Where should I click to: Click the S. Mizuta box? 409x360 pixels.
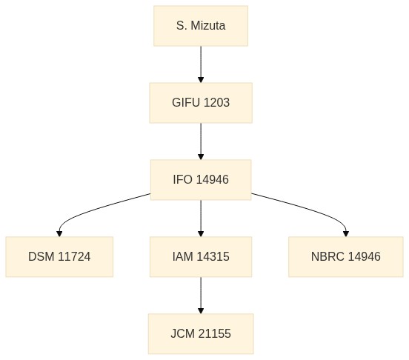coord(201,26)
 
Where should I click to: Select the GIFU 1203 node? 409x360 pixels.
coord(201,103)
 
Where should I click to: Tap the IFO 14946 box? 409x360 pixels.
coord(201,179)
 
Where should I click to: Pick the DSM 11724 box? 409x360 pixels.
coord(59,257)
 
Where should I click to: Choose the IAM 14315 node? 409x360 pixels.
coord(201,257)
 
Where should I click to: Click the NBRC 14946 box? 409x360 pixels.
coord(346,257)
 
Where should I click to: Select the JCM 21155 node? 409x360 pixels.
coord(201,333)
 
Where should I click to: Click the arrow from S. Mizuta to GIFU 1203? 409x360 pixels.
coord(201,64)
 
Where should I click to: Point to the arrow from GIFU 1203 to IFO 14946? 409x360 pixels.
coord(201,141)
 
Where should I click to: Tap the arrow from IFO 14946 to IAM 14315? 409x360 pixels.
coord(201,219)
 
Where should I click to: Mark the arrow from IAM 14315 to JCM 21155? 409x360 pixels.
coord(201,295)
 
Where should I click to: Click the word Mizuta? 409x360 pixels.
coord(208,26)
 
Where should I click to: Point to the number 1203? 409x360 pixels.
coord(216,103)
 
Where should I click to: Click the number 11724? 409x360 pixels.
coord(74,257)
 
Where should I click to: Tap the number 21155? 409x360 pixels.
coord(215,333)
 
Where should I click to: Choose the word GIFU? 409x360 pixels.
coord(186,103)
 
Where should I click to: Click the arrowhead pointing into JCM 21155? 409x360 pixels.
coord(201,310)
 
